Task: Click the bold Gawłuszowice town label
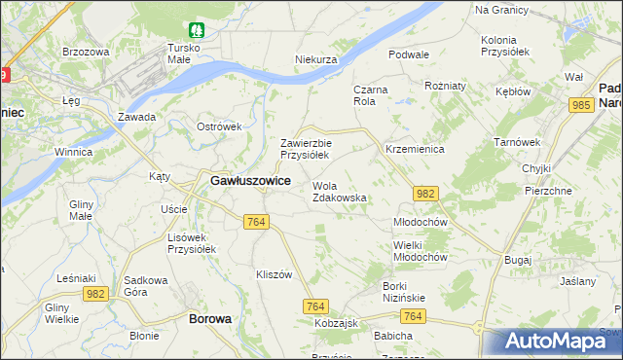[x=249, y=181]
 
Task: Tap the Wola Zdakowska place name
[x=339, y=192]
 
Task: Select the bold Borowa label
[x=209, y=318]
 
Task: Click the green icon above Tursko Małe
[x=197, y=30]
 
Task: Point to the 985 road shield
[x=582, y=105]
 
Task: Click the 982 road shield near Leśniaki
[x=94, y=293]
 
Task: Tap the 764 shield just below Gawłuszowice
[x=255, y=223]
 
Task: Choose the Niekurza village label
[x=315, y=59]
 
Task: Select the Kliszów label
[x=273, y=274]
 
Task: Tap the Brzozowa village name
[x=84, y=52]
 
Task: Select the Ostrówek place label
[x=218, y=126]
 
